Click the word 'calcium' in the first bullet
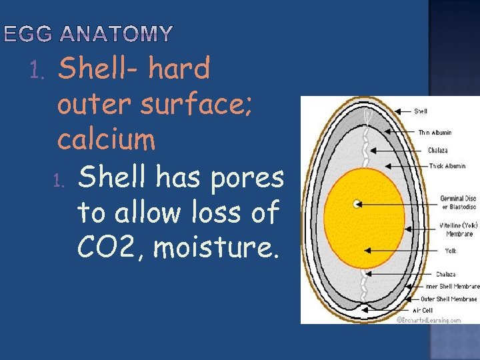click(107, 140)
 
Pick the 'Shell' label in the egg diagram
click(421, 111)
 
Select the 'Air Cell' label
click(423, 311)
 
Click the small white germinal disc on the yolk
click(357, 203)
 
